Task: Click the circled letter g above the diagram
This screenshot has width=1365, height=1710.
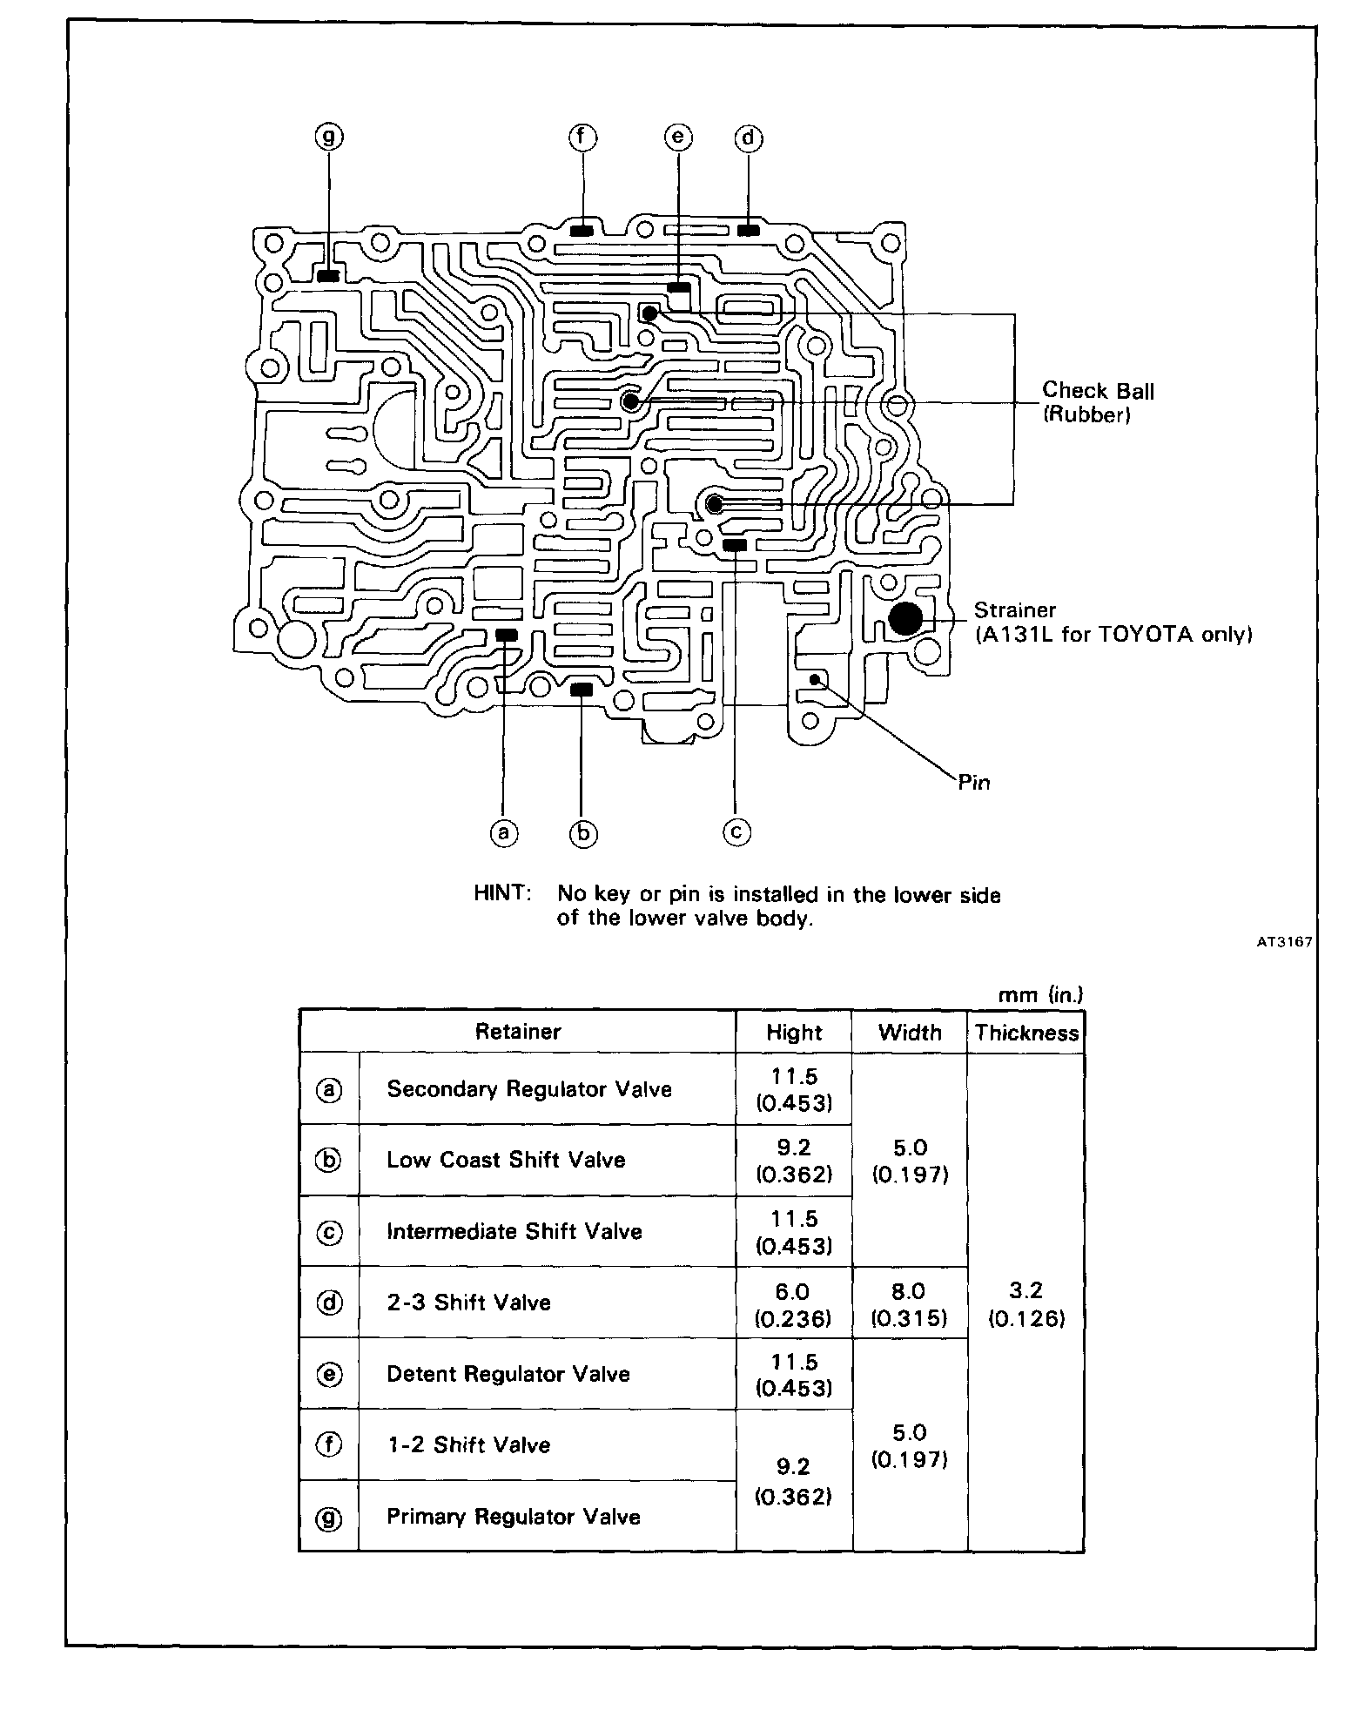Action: (x=329, y=137)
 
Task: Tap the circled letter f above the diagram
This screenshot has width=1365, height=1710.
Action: (x=582, y=137)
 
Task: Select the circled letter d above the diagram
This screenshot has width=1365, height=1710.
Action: (x=749, y=138)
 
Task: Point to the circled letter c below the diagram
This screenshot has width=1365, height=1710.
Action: (x=736, y=832)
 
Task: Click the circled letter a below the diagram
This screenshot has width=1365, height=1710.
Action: (x=503, y=833)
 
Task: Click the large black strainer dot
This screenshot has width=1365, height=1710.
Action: (x=905, y=618)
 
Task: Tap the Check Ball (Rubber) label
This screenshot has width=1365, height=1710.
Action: (x=1098, y=402)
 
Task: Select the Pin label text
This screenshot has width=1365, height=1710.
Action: (x=974, y=782)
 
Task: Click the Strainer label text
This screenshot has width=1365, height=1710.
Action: (x=1014, y=610)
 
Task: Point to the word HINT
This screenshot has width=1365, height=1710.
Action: (x=502, y=893)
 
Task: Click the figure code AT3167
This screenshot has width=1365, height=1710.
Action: (x=1284, y=941)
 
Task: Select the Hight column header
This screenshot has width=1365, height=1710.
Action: (x=794, y=1033)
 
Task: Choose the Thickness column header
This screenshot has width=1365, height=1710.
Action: (x=1026, y=1033)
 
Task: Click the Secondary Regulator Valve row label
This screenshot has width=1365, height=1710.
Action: (x=529, y=1089)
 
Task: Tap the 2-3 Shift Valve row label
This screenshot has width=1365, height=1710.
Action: (x=468, y=1303)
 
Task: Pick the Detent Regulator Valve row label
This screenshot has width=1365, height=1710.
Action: (x=508, y=1374)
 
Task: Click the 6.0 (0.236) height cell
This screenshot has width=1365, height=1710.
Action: (x=794, y=1304)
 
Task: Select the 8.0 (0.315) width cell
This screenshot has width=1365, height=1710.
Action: (x=910, y=1304)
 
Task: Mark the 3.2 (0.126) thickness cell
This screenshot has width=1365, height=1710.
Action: (x=1026, y=1303)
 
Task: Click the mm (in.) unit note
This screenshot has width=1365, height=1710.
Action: (x=1040, y=994)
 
